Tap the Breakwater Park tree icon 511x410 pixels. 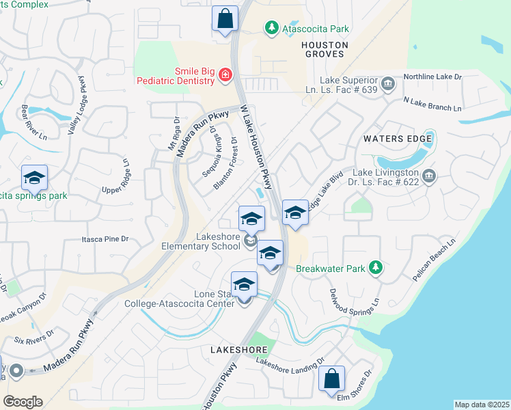[x=374, y=268]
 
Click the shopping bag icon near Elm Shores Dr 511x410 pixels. [x=331, y=379]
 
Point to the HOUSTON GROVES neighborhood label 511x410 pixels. [x=325, y=49]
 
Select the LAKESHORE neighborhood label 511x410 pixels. [x=238, y=349]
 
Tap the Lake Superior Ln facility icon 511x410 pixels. [x=388, y=84]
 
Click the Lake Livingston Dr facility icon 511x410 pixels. [x=429, y=177]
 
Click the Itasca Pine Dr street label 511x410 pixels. [x=105, y=239]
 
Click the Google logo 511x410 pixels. [x=23, y=401]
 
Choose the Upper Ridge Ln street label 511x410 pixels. [x=113, y=179]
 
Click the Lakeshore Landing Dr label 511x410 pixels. [x=290, y=367]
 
